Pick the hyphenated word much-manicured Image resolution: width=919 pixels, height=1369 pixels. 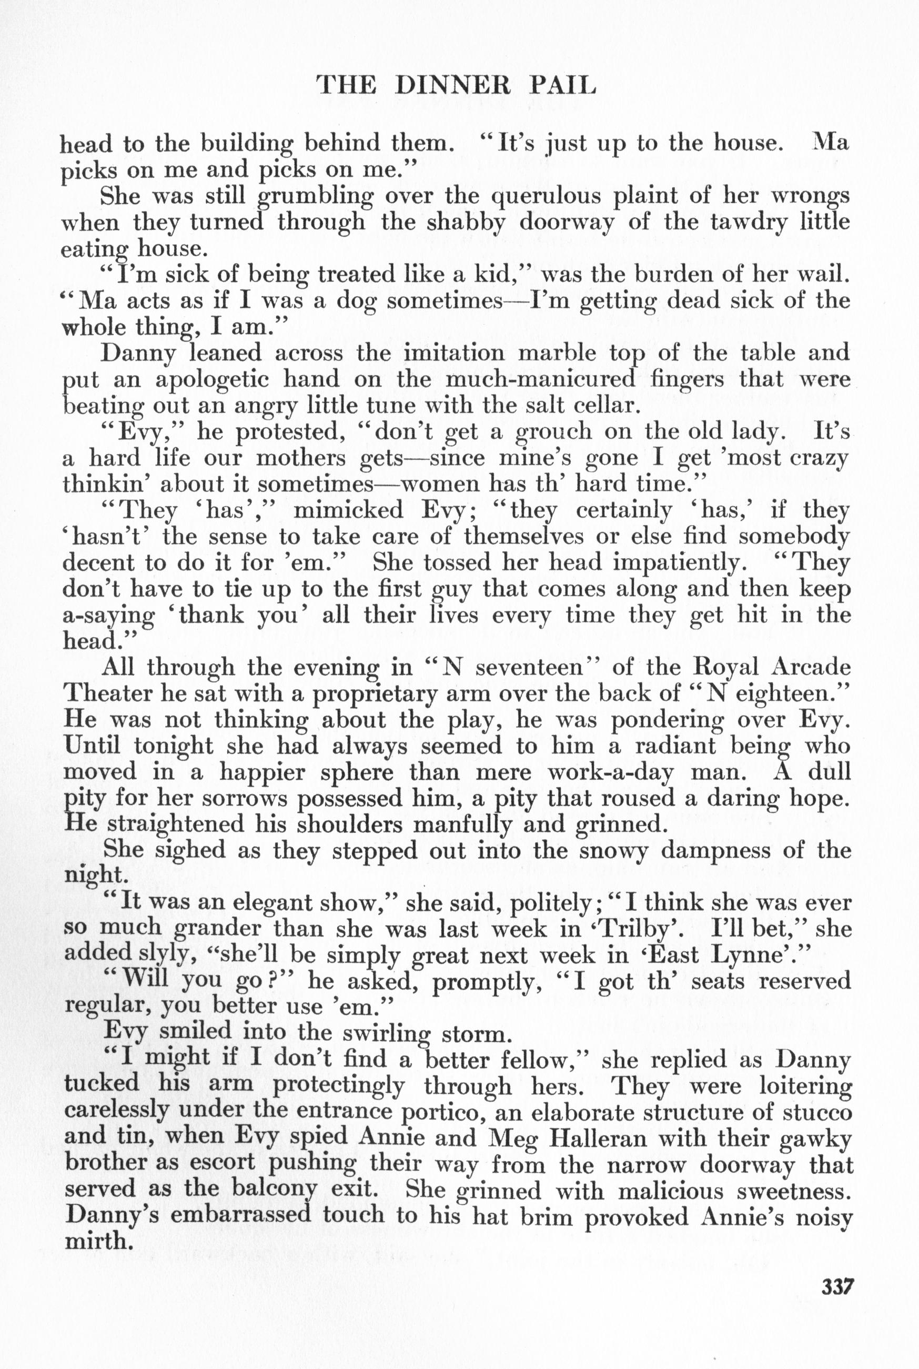click(540, 379)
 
